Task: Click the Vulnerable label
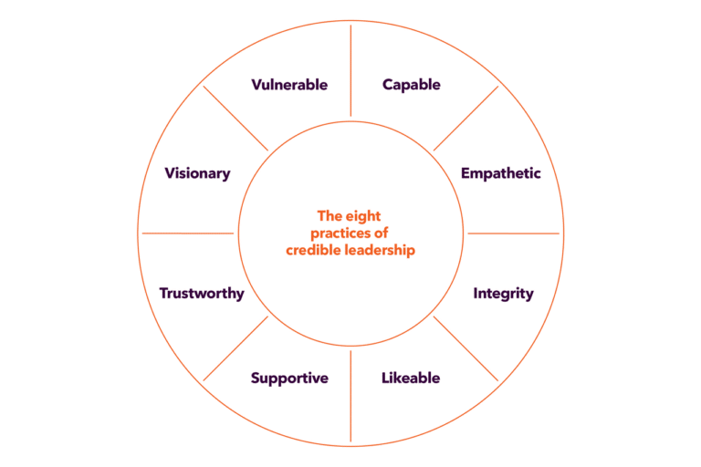pyautogui.click(x=289, y=85)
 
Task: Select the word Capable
pyautogui.click(x=411, y=85)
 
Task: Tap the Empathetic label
pyautogui.click(x=500, y=173)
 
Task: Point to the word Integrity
pyautogui.click(x=503, y=294)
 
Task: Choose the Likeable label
pyautogui.click(x=411, y=378)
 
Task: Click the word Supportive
pyautogui.click(x=289, y=378)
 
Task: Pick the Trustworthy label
pyautogui.click(x=202, y=294)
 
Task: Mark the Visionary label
pyautogui.click(x=197, y=173)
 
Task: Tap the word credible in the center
pyautogui.click(x=315, y=249)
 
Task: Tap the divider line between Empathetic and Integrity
pyautogui.click(x=513, y=233)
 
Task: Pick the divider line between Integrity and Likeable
pyautogui.click(x=466, y=348)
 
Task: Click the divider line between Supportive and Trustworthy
pyautogui.click(x=235, y=348)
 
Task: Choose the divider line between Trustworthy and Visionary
pyautogui.click(x=188, y=233)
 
